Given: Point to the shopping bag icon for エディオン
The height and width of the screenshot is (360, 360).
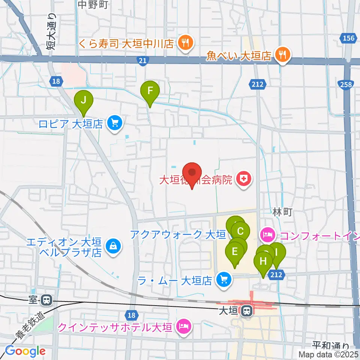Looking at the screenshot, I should point(112,246).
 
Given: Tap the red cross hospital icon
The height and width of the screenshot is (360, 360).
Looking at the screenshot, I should point(244,180).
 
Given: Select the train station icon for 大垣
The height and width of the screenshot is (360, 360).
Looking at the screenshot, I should point(246,311).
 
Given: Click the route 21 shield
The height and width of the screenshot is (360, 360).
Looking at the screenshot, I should point(142,61).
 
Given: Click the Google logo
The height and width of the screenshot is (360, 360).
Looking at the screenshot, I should point(25,351).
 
